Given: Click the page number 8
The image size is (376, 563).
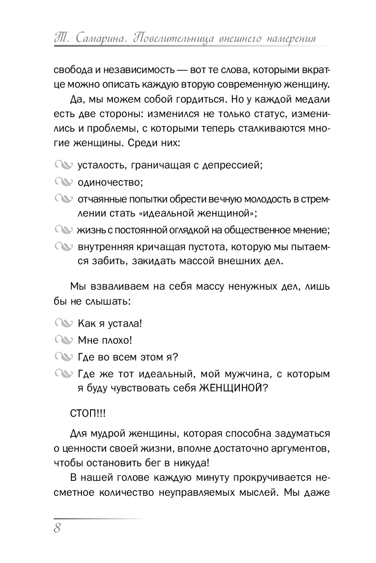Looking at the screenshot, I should [x=57, y=528].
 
